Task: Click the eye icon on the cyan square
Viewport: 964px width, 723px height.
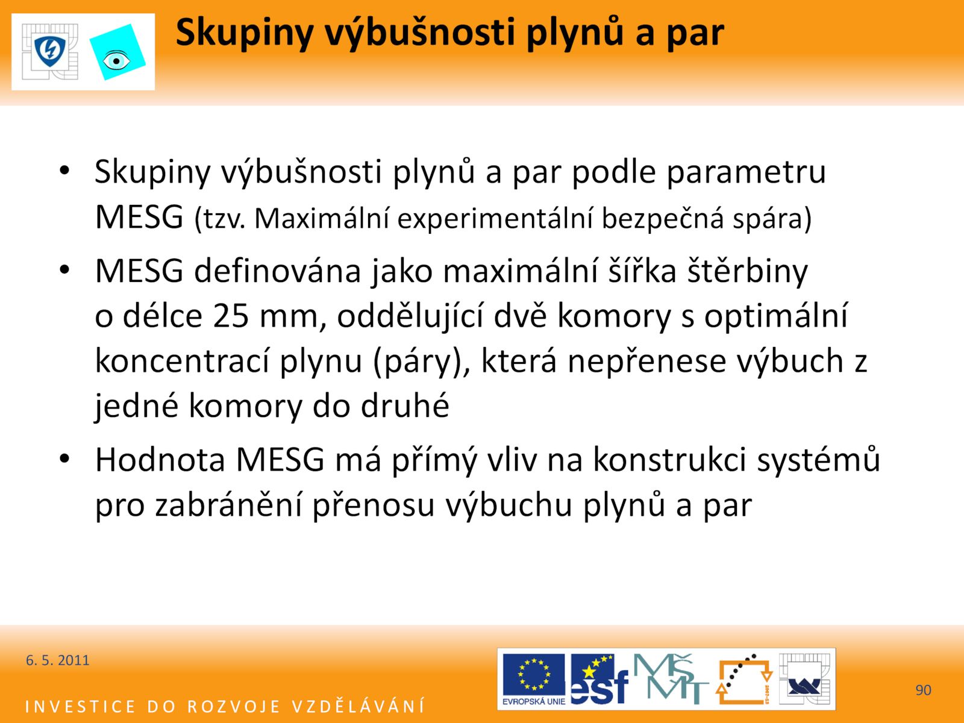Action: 116,61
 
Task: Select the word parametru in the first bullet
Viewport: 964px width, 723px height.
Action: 746,172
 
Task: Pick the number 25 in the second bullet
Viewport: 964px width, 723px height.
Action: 231,316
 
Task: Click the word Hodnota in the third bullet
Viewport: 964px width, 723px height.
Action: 160,460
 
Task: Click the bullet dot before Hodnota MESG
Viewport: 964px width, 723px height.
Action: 64,459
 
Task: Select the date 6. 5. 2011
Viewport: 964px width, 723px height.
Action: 57,660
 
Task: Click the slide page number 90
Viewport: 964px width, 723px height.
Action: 923,690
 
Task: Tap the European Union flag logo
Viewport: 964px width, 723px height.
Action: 534,679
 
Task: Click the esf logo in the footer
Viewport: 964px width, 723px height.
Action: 599,679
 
